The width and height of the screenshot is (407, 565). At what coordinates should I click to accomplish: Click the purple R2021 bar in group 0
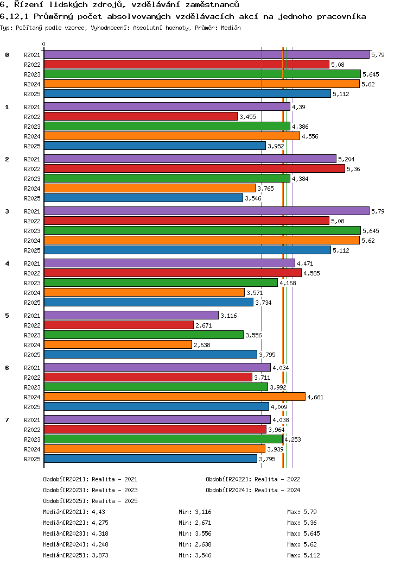pos(206,54)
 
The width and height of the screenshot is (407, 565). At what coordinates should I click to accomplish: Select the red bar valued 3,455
pos(141,116)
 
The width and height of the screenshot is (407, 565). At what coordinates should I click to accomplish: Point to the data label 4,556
pos(310,136)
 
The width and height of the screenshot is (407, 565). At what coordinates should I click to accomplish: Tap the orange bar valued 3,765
pos(149,188)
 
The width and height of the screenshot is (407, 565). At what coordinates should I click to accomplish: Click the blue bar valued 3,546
pos(143,198)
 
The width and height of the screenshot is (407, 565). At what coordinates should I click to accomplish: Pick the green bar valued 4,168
pos(161,282)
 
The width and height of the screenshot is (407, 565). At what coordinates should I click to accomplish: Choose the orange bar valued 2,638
pos(118,344)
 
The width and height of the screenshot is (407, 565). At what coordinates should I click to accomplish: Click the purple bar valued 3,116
pos(131,315)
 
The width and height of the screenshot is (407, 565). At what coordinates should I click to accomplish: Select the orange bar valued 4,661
pos(174,397)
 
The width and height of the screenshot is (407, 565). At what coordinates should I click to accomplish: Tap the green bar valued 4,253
pos(163,439)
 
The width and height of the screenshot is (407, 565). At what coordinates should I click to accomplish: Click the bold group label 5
pos(7,316)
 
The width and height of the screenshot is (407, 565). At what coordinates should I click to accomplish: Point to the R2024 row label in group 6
pos(32,397)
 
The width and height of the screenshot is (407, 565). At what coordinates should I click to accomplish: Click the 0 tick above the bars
pos(44,45)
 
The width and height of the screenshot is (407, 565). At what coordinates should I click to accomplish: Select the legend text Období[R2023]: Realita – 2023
pos(90,490)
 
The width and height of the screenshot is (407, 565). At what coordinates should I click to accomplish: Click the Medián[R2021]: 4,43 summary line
pos(74,512)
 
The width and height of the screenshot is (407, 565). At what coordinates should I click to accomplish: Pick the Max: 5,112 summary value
pos(304,555)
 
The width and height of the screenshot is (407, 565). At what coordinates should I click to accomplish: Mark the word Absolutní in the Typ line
pos(154,27)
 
